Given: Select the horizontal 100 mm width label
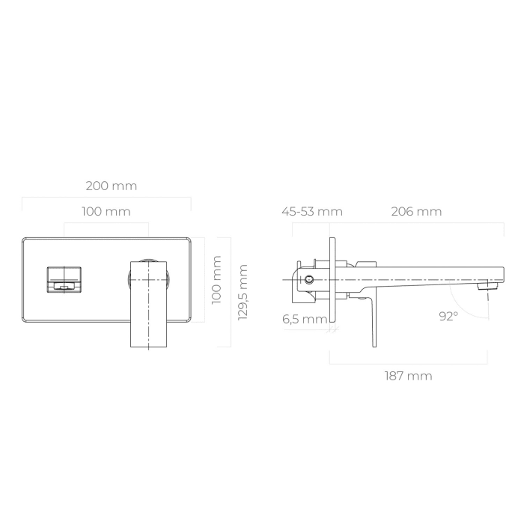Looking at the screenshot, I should (x=106, y=212).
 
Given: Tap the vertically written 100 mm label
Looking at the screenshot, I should (x=217, y=279).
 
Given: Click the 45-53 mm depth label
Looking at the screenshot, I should (x=311, y=212).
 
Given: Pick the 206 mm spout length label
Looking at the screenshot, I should (x=416, y=212).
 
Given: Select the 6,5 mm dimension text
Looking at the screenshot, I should (x=305, y=319).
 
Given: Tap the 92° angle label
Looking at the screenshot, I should (x=448, y=317).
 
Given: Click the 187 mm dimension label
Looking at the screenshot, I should (x=409, y=376).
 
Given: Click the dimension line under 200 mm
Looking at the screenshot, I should (x=106, y=198).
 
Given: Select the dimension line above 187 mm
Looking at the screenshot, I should (x=409, y=364).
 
